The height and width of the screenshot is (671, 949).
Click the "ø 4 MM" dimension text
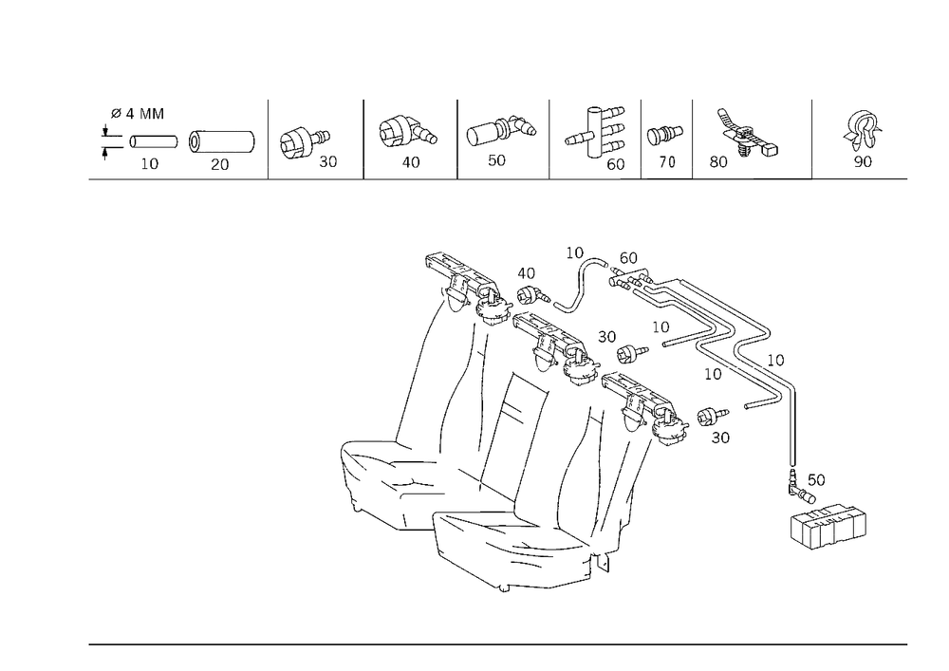(x=138, y=114)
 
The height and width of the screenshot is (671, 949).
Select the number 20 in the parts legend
(x=220, y=164)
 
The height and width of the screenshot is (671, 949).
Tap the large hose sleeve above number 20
(x=221, y=141)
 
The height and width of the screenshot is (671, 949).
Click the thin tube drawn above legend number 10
(x=154, y=141)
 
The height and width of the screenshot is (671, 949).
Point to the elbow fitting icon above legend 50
(x=501, y=129)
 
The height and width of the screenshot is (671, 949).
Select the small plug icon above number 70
(x=664, y=135)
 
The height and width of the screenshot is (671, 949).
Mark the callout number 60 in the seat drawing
(x=628, y=258)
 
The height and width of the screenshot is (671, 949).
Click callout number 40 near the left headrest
(x=526, y=273)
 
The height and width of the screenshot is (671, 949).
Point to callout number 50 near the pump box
(x=816, y=480)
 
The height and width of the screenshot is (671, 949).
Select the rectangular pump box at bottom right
(x=828, y=529)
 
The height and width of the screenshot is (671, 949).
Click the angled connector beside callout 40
(x=533, y=295)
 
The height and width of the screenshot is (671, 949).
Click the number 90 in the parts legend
(x=863, y=161)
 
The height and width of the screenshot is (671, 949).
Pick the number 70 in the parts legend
(x=666, y=161)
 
